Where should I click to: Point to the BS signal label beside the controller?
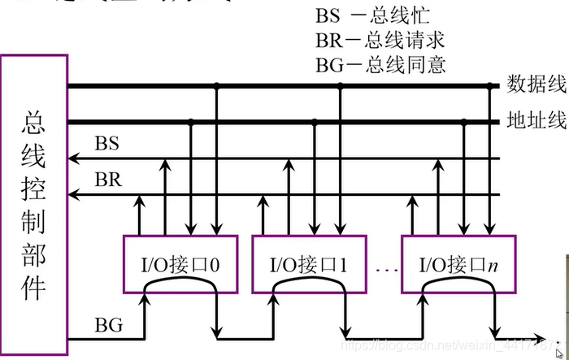coord(106,145)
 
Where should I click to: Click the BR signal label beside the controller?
coord(107,180)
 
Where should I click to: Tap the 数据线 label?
coord(536,85)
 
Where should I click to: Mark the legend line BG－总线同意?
coord(380,64)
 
